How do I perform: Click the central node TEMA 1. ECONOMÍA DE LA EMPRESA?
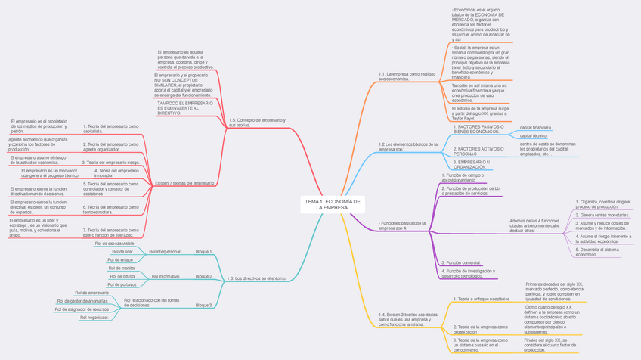[333, 204]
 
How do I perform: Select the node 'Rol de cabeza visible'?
[115, 244]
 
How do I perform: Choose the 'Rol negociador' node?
[94, 318]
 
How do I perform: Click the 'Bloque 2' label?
[204, 276]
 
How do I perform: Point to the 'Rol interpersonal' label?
[165, 251]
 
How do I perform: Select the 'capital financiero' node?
[535, 127]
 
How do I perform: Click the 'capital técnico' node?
[533, 136]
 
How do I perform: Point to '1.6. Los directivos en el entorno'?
[256, 279]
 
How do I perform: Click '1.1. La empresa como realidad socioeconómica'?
[407, 76]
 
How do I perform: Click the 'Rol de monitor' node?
[122, 268]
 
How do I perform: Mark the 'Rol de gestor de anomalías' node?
[82, 301]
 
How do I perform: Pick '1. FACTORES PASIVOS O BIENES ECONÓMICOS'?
[478, 129]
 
